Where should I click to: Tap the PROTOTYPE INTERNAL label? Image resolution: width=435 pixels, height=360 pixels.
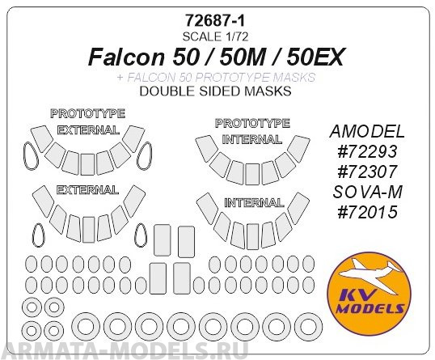pyautogui.click(x=251, y=130)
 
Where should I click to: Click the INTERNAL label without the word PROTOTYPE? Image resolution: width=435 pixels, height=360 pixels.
pyautogui.click(x=251, y=201)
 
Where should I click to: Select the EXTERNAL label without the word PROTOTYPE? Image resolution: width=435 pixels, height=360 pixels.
pyautogui.click(x=87, y=190)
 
